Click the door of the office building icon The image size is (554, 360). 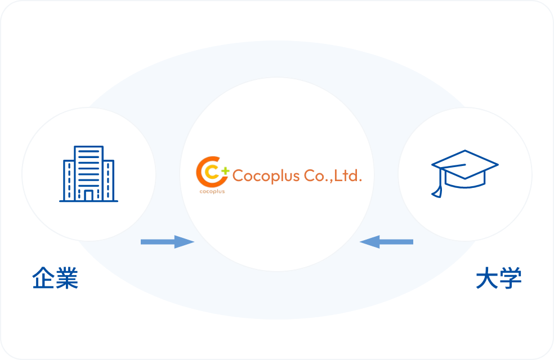click(89, 195)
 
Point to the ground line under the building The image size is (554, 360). click(89, 201)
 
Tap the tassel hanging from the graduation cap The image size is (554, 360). click(436, 188)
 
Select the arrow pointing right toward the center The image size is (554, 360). click(167, 242)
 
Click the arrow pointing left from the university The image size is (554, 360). click(386, 242)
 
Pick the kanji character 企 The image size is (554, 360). click(43, 278)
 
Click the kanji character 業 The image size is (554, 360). click(67, 278)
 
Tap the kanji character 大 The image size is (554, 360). click(486, 278)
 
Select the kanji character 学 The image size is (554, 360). click(511, 278)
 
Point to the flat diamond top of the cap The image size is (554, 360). click(464, 163)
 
